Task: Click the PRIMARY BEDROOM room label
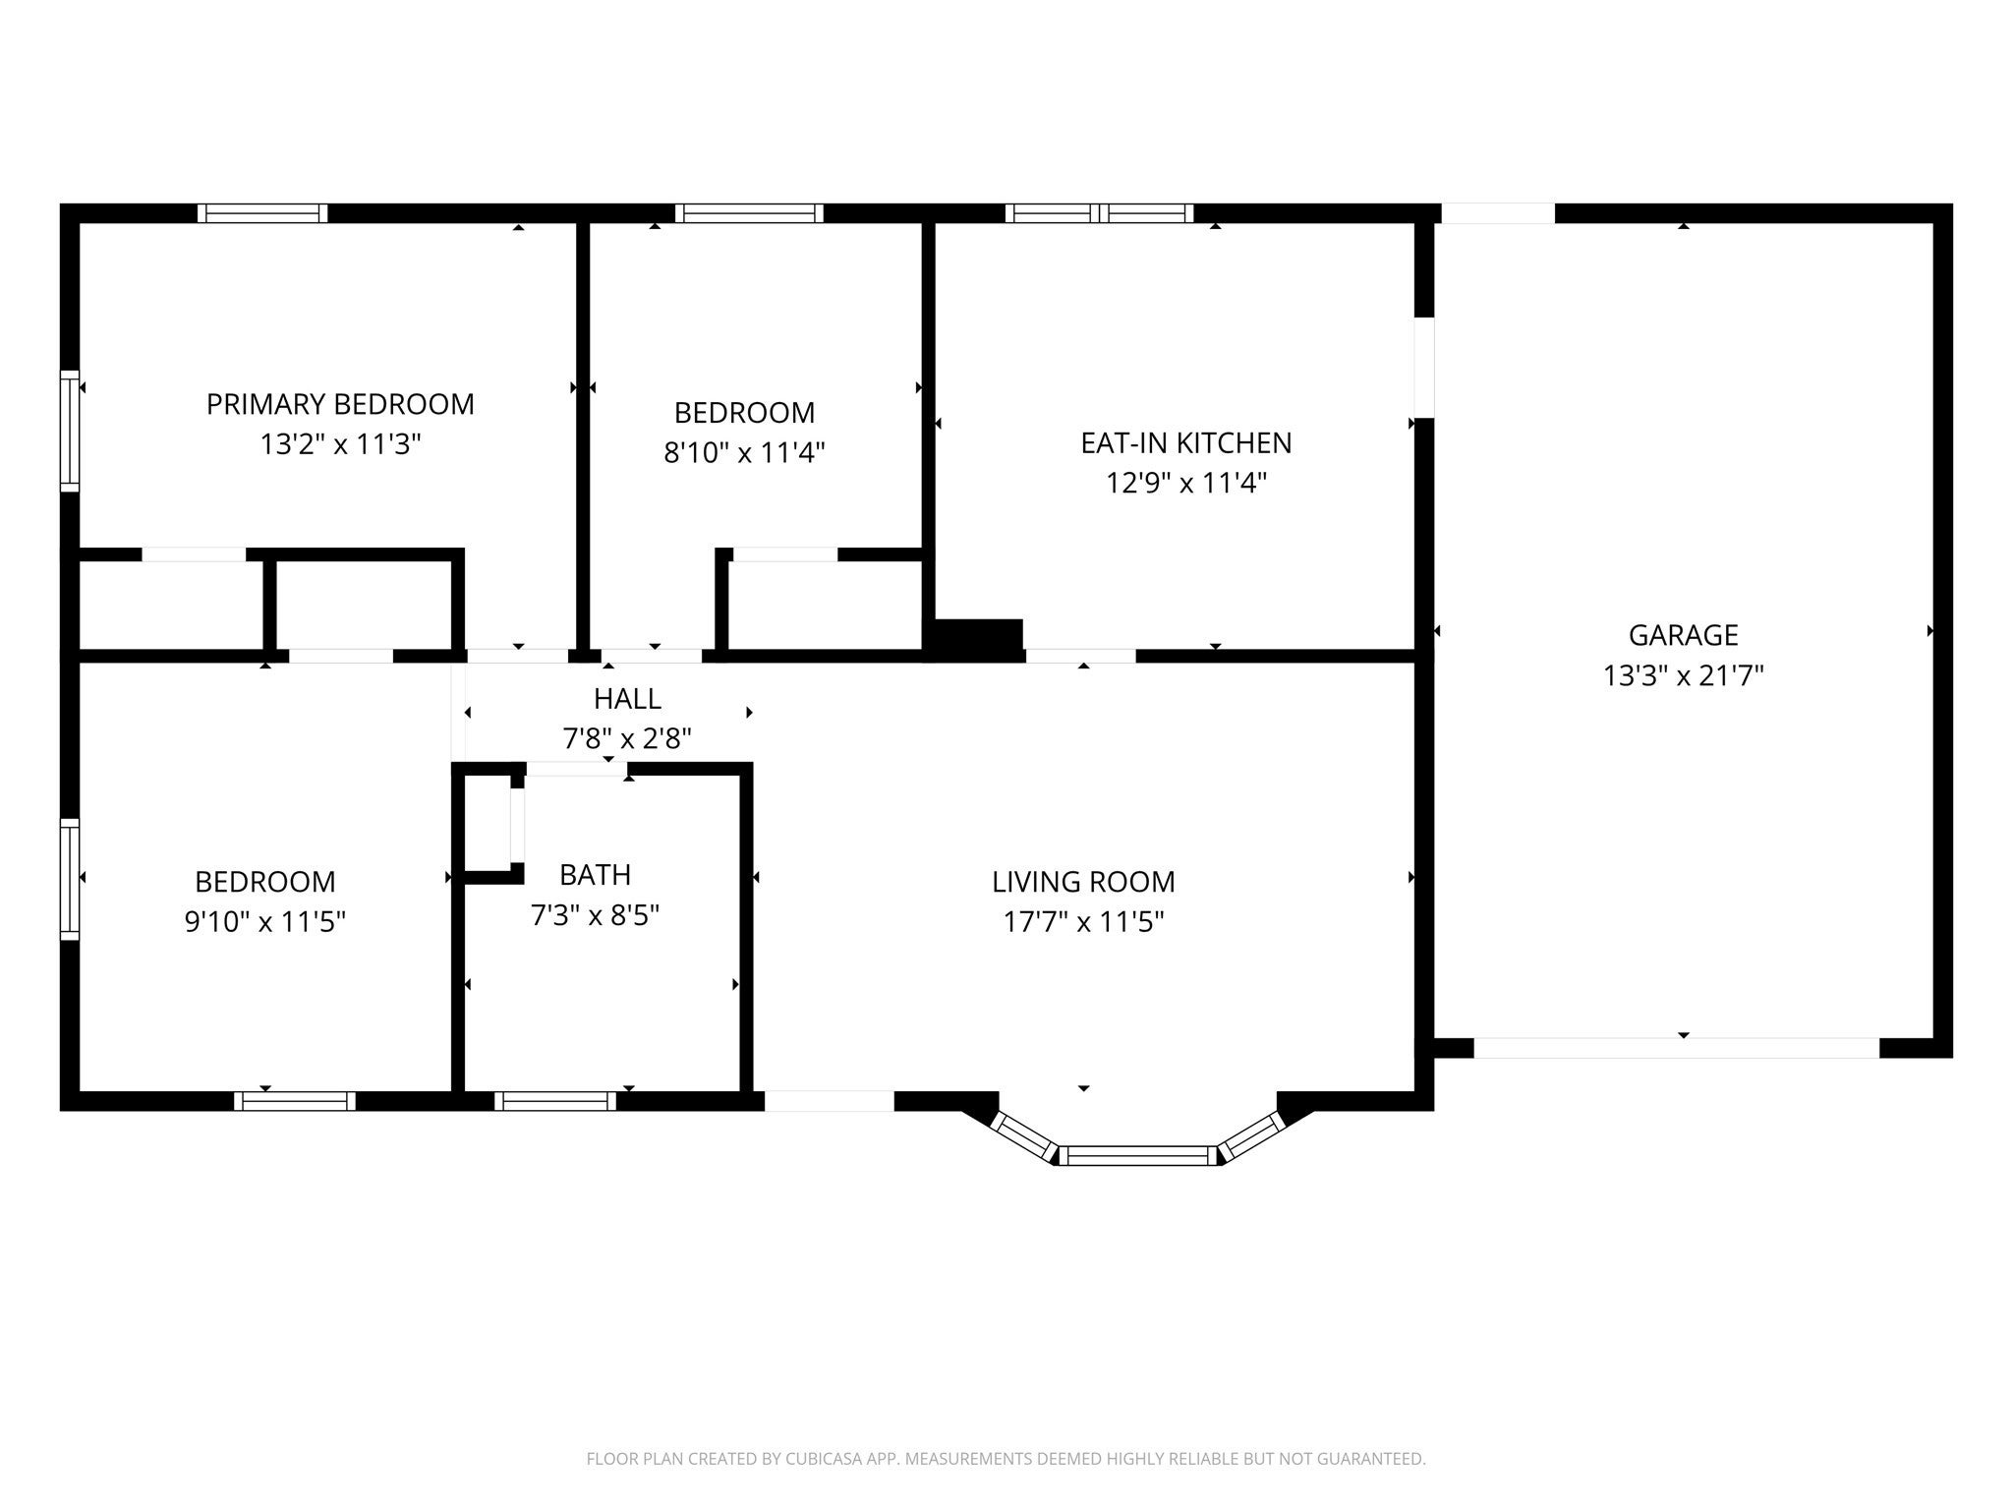pyautogui.click(x=340, y=404)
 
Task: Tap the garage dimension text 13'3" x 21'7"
pyautogui.click(x=1684, y=675)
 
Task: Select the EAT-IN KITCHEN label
pyautogui.click(x=1186, y=443)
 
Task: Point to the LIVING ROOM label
pyautogui.click(x=1083, y=882)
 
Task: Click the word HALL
pyautogui.click(x=627, y=699)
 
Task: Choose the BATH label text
pyautogui.click(x=595, y=875)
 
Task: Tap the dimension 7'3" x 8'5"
pyautogui.click(x=595, y=915)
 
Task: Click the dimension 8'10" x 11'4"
pyautogui.click(x=744, y=452)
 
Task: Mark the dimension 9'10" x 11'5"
pyautogui.click(x=265, y=921)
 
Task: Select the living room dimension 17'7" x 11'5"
pyautogui.click(x=1083, y=921)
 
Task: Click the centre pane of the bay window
pyautogui.click(x=1138, y=1155)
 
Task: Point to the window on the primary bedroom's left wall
pyautogui.click(x=69, y=431)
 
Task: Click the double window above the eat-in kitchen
pyautogui.click(x=1099, y=212)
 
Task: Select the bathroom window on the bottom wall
pyautogui.click(x=555, y=1101)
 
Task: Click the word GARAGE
pyautogui.click(x=1684, y=635)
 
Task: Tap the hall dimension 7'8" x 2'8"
pyautogui.click(x=627, y=738)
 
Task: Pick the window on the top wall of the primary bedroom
pyautogui.click(x=262, y=212)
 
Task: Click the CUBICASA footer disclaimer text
pyautogui.click(x=1006, y=1459)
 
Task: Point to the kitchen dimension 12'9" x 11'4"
pyautogui.click(x=1186, y=483)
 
